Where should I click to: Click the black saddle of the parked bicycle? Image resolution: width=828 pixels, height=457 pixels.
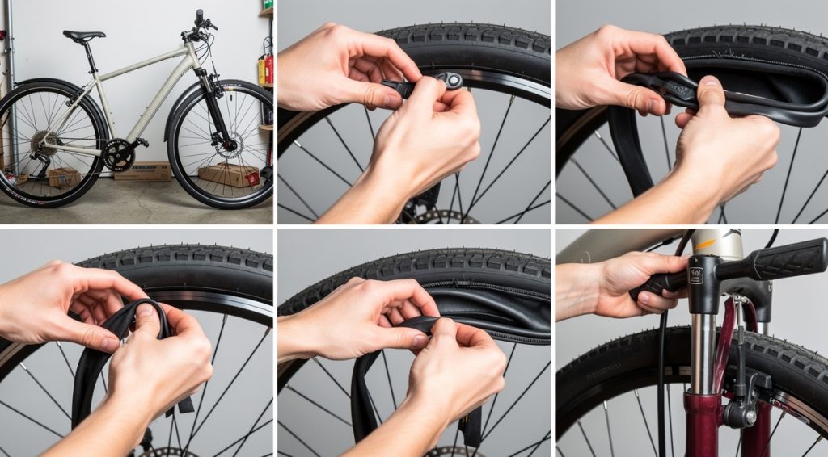point(83,36)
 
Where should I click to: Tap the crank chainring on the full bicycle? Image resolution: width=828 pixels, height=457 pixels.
point(120,154)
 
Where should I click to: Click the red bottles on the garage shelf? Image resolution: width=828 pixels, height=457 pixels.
point(265,70)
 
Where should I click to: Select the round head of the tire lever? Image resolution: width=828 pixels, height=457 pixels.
point(453,80)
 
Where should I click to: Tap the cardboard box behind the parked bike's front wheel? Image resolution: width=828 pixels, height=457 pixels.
point(229,174)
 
